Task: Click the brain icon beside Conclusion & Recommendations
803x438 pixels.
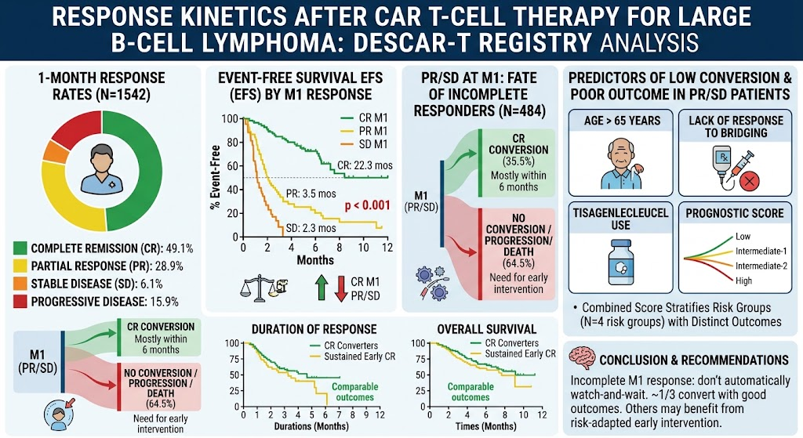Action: coord(582,358)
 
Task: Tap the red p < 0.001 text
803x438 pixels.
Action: coord(367,205)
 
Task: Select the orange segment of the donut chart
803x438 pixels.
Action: coord(56,151)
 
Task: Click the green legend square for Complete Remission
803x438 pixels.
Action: coord(20,248)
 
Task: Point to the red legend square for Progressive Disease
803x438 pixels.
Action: coord(20,302)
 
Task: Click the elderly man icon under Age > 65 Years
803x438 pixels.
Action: coord(621,165)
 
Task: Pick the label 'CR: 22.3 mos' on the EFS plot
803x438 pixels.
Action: coord(365,166)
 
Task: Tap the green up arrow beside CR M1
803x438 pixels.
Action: coord(321,288)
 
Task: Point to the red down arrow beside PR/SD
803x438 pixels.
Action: coord(341,288)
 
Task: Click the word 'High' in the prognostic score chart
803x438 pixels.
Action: coord(743,281)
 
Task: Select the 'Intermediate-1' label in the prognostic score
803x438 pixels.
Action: coord(761,252)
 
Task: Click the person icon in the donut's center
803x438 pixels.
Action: coord(103,169)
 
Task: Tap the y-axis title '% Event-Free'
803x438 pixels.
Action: coord(215,177)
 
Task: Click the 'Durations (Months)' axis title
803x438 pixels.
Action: coord(311,426)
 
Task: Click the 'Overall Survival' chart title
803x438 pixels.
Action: coord(486,329)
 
